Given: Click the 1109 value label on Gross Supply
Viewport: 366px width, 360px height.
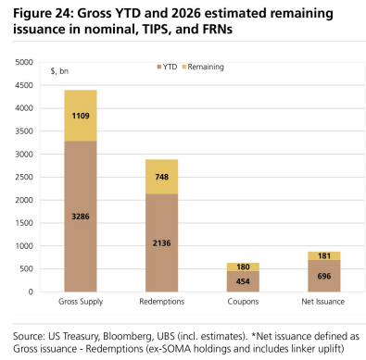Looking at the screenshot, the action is (81, 116).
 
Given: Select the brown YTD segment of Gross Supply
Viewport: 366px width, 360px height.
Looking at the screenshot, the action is (81, 217).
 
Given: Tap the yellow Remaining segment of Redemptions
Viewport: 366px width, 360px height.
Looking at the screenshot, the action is (162, 177).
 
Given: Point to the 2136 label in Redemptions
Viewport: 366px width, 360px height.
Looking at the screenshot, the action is (162, 243).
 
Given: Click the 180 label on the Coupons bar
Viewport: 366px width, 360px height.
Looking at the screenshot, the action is (243, 267).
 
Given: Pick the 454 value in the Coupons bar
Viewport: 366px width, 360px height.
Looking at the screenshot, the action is (243, 281).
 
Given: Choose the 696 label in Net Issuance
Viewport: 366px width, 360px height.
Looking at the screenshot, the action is (324, 276).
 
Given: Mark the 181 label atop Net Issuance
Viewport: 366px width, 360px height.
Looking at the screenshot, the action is (324, 255).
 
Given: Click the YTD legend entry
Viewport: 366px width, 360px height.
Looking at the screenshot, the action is (167, 67).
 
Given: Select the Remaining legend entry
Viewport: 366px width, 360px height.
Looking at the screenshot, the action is (203, 67).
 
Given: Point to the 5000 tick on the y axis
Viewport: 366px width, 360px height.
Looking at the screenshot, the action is (24, 62).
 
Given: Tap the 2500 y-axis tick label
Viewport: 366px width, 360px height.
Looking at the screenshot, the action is (24, 177).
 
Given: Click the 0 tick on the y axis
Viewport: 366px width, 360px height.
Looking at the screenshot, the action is (31, 292).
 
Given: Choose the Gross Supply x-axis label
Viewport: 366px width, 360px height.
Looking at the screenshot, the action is (81, 302).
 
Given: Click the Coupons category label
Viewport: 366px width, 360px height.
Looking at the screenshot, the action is (243, 302).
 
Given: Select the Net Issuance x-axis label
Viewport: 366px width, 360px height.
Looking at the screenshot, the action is (323, 302).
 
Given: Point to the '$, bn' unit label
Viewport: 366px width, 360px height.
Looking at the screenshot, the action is (59, 71).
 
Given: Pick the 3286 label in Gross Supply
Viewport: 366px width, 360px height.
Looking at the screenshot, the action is (81, 217).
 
